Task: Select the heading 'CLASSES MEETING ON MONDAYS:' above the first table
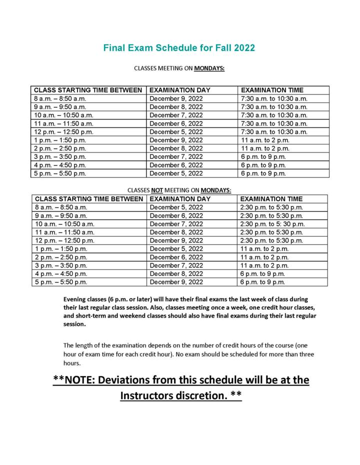click(179, 68)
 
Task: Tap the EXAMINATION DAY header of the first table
click(180, 90)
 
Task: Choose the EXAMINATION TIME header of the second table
click(271, 199)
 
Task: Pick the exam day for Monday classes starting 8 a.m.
click(176, 98)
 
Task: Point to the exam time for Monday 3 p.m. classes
click(263, 157)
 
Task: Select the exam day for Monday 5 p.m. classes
click(176, 173)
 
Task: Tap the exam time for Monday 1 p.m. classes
click(265, 140)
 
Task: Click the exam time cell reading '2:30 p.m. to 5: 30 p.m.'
click(272, 223)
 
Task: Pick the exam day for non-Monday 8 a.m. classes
click(176, 207)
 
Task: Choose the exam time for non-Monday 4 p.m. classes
click(263, 274)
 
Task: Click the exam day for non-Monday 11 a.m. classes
click(176, 232)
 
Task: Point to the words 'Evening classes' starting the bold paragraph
click(83, 298)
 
